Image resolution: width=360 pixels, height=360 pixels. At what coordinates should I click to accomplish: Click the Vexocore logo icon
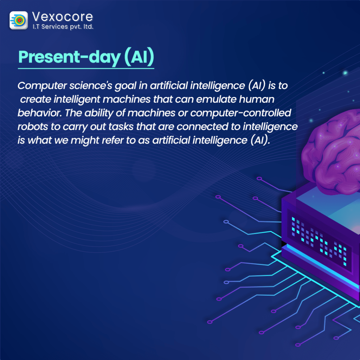click(19, 20)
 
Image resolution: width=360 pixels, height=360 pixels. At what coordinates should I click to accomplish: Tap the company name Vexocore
click(63, 17)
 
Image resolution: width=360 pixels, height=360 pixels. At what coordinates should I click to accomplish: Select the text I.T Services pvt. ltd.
click(63, 27)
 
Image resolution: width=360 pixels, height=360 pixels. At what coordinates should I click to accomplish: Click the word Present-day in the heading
click(69, 57)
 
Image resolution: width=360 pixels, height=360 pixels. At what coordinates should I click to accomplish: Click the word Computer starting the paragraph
click(42, 86)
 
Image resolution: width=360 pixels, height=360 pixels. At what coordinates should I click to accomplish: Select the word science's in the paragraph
click(91, 86)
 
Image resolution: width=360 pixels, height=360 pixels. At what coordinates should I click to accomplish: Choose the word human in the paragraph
click(256, 99)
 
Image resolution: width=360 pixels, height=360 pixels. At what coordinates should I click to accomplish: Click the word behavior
click(40, 113)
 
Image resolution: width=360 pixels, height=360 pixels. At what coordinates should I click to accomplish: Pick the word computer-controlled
click(240, 113)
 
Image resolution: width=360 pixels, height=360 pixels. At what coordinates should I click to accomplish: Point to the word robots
click(33, 127)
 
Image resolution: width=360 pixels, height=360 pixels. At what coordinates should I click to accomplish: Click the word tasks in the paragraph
click(121, 127)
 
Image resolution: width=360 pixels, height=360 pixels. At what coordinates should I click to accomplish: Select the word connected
click(202, 127)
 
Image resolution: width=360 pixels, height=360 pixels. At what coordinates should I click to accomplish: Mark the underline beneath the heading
click(86, 68)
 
